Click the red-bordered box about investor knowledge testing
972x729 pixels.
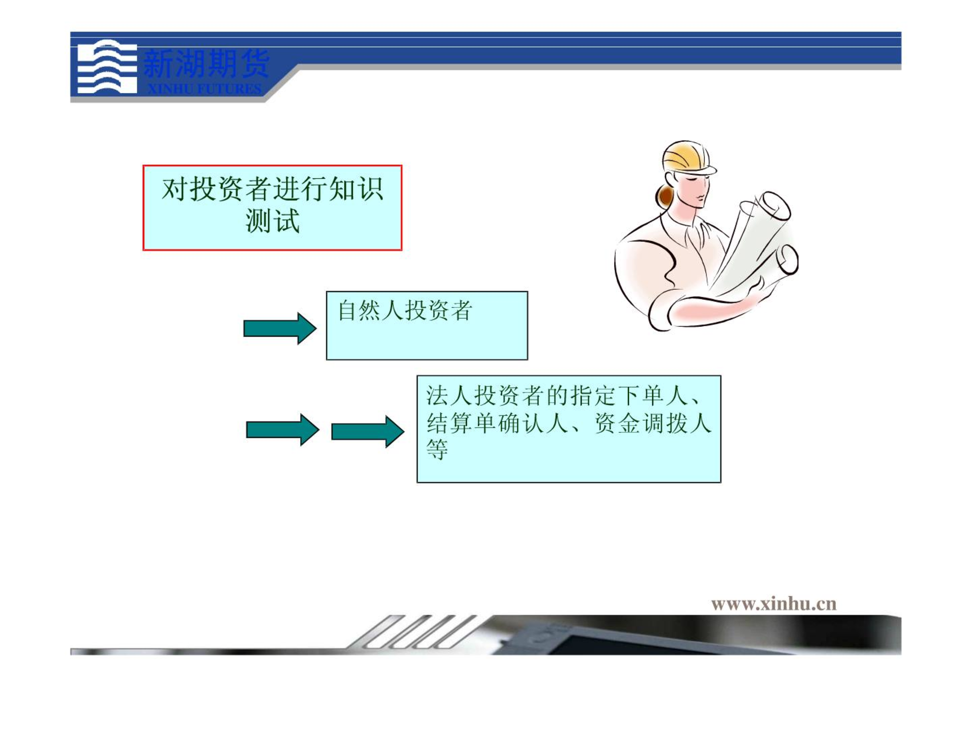coord(272,208)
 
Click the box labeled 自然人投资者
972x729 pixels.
coord(427,326)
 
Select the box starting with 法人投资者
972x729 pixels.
coord(569,429)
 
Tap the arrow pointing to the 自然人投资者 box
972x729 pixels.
coord(280,329)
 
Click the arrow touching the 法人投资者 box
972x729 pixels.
coord(368,431)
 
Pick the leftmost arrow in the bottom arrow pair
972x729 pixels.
coord(282,430)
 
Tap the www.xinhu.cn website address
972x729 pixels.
coord(774,603)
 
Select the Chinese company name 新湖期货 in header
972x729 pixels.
coord(207,64)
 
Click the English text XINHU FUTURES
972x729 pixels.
coord(205,89)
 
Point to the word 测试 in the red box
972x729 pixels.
coord(272,221)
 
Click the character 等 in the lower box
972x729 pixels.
coord(437,450)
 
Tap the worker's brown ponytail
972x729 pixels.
coord(665,196)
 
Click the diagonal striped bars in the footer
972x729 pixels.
coord(413,631)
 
